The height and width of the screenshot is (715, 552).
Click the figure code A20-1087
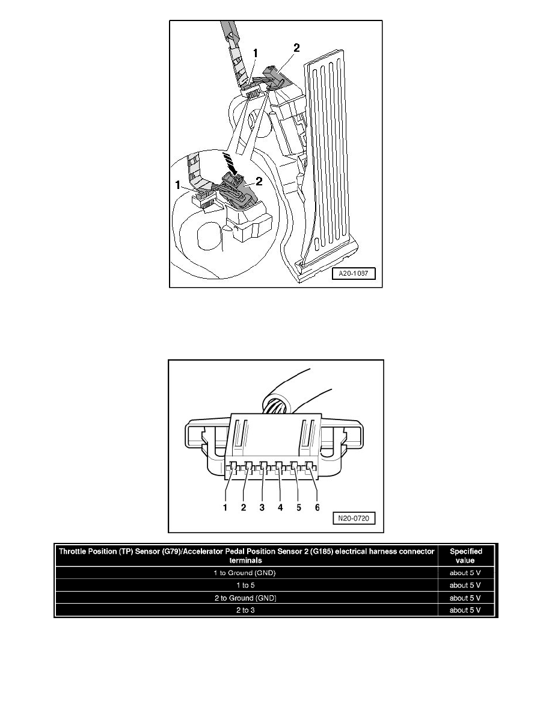point(354,274)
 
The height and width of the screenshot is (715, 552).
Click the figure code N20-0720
point(354,518)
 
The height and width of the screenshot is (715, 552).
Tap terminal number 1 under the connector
point(225,507)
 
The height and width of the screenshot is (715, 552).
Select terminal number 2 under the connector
point(244,507)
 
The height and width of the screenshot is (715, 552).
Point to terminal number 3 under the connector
point(262,507)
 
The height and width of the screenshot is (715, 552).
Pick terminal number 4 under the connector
point(280,507)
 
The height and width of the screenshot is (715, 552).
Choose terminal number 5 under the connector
point(299,507)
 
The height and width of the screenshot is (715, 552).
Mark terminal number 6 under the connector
point(317,507)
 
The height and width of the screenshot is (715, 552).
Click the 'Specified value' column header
point(466,556)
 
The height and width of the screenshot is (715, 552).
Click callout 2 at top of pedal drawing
point(297,48)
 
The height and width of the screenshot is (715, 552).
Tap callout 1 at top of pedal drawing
point(256,54)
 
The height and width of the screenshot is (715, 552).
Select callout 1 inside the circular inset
point(178,185)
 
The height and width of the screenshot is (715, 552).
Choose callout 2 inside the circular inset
point(259,182)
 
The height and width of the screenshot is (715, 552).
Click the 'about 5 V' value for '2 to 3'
point(465,610)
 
